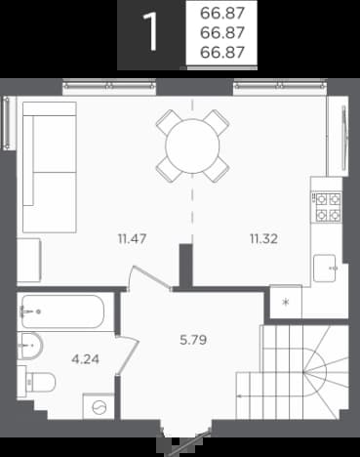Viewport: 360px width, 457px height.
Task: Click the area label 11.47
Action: pyautogui.click(x=132, y=239)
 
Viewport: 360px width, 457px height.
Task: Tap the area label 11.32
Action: pyautogui.click(x=263, y=239)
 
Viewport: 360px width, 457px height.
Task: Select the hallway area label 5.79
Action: pyautogui.click(x=193, y=340)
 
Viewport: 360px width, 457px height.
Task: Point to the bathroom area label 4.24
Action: pyautogui.click(x=85, y=359)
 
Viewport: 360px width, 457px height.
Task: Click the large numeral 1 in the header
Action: pyautogui.click(x=150, y=32)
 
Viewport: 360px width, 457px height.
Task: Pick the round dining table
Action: pyautogui.click(x=192, y=145)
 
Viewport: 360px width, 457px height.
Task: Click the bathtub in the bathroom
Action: pyautogui.click(x=62, y=312)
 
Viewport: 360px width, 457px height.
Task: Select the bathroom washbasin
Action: pyautogui.click(x=30, y=346)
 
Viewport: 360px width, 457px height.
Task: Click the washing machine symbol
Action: pyautogui.click(x=100, y=407)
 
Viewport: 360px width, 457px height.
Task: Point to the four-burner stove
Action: pyautogui.click(x=328, y=207)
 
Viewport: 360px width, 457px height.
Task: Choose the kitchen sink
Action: pyautogui.click(x=325, y=269)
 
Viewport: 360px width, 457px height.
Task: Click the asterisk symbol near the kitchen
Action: pyautogui.click(x=286, y=303)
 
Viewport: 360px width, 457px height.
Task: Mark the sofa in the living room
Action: pyautogui.click(x=50, y=167)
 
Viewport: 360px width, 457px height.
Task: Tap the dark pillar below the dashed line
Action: pyautogui.click(x=186, y=266)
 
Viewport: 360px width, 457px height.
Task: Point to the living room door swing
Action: pyautogui.click(x=149, y=277)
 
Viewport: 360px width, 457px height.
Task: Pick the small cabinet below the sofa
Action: pyautogui.click(x=28, y=260)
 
